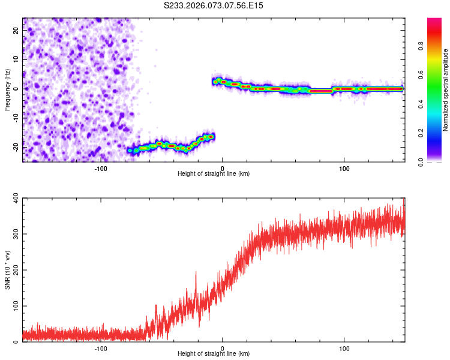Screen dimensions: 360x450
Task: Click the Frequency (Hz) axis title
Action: point(7,90)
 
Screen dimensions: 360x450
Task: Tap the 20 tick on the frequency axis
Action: point(16,31)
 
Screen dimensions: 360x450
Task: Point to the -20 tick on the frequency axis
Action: point(14,147)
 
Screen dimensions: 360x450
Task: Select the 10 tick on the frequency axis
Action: point(16,60)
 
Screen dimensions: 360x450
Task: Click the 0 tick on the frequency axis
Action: point(17,89)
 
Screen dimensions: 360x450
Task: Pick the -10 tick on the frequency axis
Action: point(14,118)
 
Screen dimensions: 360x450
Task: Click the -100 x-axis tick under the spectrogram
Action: point(101,168)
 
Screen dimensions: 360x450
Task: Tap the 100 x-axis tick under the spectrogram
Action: point(344,168)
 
